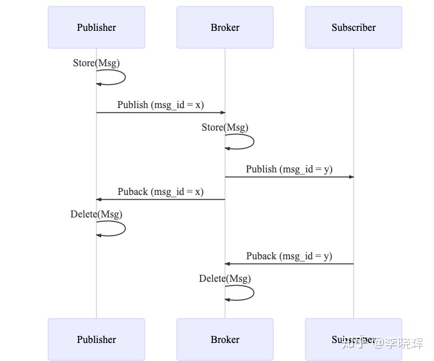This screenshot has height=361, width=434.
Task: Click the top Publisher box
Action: coord(96,28)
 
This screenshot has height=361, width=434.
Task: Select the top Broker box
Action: coord(225,28)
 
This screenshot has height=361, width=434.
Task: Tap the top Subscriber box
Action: coord(354,28)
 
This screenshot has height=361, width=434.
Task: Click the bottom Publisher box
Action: coord(96,339)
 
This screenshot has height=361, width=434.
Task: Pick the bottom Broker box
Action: coord(225,339)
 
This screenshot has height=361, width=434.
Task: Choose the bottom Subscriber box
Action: coord(354,339)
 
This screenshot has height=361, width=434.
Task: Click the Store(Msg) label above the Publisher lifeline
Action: coord(96,63)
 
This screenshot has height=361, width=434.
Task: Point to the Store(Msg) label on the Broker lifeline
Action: coord(225,127)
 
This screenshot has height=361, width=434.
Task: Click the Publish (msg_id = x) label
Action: coord(161,105)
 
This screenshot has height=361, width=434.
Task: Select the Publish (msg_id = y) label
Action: coord(289,169)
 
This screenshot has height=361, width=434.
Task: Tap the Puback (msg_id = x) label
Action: coord(161,192)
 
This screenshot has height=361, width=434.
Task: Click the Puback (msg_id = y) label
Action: coord(289,256)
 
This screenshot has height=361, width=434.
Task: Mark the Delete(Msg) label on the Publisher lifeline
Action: coord(96,214)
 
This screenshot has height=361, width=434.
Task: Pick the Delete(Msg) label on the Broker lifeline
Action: coord(225,279)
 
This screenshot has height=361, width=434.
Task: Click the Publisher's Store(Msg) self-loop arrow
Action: coord(124,77)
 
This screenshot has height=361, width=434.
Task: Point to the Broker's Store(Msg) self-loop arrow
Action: coord(253,142)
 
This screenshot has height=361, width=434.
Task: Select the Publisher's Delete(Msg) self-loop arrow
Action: coord(124,228)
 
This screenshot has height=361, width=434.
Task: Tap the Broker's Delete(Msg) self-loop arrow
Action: coord(253,293)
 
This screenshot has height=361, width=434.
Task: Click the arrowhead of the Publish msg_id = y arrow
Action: coord(351,177)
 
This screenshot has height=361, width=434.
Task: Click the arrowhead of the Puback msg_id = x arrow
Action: coord(99,199)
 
